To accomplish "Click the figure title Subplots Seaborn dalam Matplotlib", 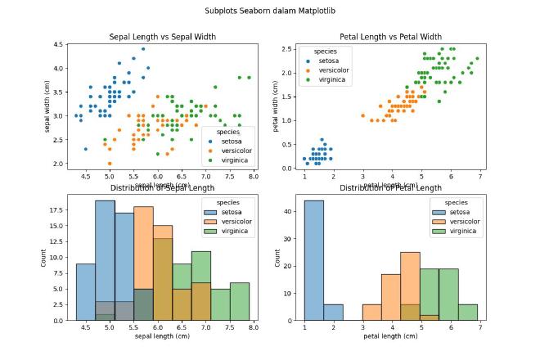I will tap(270, 12).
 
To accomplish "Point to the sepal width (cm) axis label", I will tap(47, 105).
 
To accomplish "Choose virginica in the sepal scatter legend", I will tap(236, 160).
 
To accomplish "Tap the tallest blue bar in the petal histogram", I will tap(313, 260).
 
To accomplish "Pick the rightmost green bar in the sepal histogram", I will tap(240, 301).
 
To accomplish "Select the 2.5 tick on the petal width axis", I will tap(286, 49).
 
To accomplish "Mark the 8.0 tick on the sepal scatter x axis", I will tap(254, 176).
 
